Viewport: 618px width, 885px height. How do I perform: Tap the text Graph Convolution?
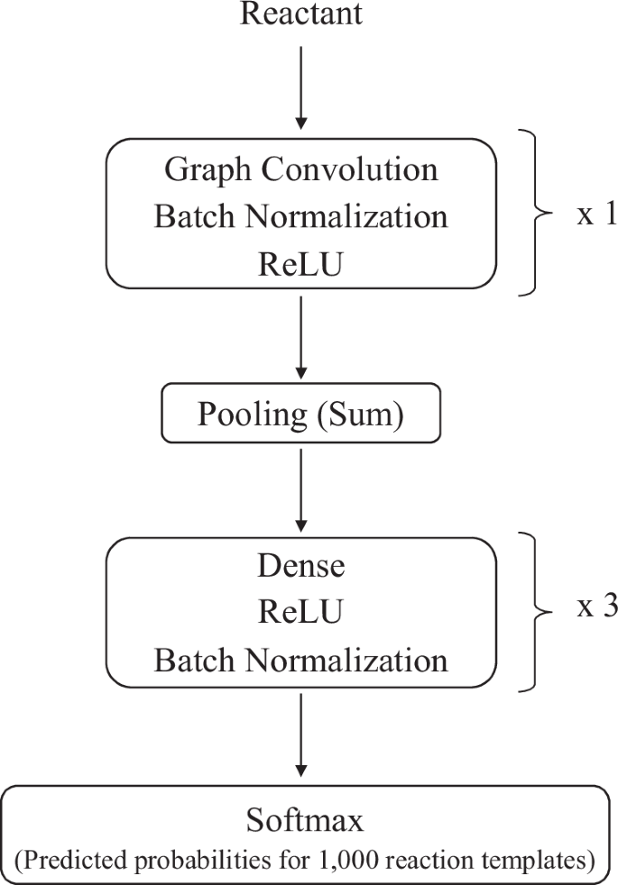coord(301,169)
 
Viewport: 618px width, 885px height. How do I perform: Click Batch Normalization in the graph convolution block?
coord(301,216)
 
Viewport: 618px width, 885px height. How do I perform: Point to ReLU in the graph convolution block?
coord(301,263)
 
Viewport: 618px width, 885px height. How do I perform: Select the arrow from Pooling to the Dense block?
coord(301,491)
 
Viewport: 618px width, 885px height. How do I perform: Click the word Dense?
coord(301,567)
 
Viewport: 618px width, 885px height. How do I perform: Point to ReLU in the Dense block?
coord(301,613)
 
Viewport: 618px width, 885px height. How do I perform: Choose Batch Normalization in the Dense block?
coord(301,660)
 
